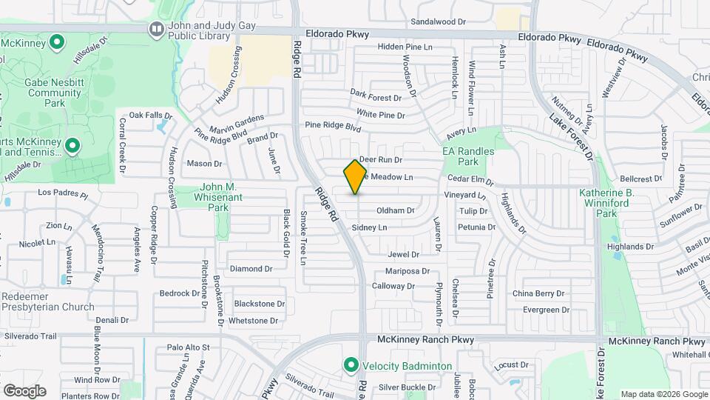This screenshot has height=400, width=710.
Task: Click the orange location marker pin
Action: (x=356, y=177)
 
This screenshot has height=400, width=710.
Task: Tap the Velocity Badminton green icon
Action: (x=351, y=365)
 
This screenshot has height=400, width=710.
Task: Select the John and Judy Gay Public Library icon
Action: (x=156, y=30)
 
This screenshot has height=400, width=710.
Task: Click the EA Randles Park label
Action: (x=467, y=156)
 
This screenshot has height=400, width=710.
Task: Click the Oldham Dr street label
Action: (x=396, y=210)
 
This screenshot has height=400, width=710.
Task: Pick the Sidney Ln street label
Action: (x=369, y=227)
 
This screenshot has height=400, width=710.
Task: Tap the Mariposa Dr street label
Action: (x=408, y=271)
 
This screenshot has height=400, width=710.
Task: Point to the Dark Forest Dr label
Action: (x=375, y=96)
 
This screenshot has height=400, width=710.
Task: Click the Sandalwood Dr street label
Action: (x=444, y=22)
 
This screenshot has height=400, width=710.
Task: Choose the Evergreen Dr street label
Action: (x=546, y=310)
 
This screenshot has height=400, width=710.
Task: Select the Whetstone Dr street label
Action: (x=253, y=321)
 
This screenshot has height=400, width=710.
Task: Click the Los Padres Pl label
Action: (x=63, y=196)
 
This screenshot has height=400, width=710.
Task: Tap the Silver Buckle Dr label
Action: (x=407, y=387)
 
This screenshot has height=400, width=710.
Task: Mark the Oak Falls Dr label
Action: (x=150, y=116)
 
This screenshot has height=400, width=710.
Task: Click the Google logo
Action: (x=24, y=391)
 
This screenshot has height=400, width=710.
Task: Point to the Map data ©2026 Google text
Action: (x=663, y=394)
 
